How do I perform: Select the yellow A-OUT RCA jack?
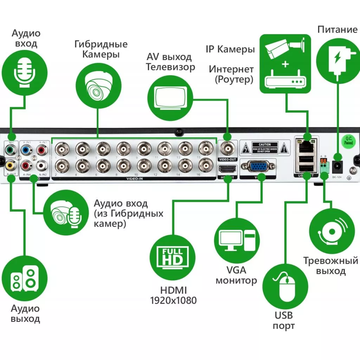pos(10,165)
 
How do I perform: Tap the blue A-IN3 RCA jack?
pos(26,150)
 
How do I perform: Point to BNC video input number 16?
pos(206,165)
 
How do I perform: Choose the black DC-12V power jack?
pos(338,166)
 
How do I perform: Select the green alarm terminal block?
pos(324,167)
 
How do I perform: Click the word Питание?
pos(337,29)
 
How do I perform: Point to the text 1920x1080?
pos(173,300)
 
